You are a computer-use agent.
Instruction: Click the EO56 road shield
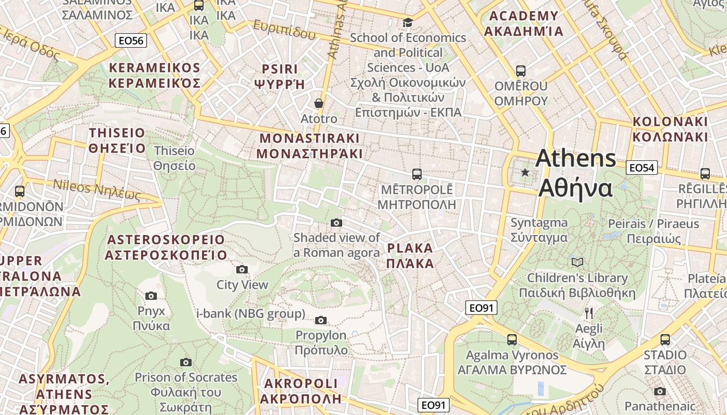(131, 40)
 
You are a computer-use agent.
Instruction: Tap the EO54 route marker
(642, 168)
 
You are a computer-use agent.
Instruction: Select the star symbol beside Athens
(525, 172)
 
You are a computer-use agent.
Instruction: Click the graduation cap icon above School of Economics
(408, 22)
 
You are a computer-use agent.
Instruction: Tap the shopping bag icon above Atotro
(319, 103)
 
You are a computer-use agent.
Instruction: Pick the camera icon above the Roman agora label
(336, 223)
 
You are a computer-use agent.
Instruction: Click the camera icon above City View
(242, 269)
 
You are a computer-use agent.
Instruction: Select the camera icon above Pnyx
(151, 296)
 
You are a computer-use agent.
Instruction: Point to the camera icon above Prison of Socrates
(186, 362)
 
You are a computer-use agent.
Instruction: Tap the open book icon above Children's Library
(577, 262)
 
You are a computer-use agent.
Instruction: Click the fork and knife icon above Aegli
(588, 313)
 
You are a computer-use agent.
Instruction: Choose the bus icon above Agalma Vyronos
(512, 340)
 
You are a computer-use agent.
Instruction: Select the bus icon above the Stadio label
(665, 340)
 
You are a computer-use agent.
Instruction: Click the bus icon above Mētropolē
(416, 174)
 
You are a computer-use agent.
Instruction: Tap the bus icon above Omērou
(521, 71)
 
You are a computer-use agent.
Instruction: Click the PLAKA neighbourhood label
(410, 255)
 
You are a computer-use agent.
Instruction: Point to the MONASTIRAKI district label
(309, 146)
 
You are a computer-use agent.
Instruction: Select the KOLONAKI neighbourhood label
(670, 129)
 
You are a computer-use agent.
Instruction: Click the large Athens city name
(576, 173)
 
